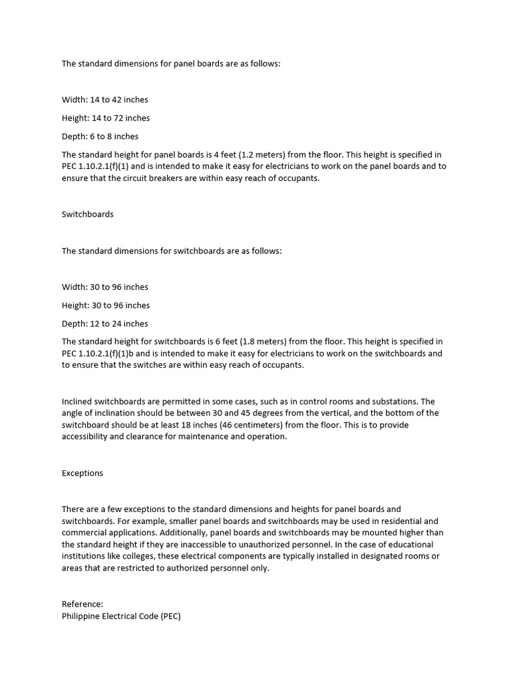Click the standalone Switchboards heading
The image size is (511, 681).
pyautogui.click(x=88, y=214)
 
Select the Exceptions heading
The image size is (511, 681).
pyautogui.click(x=83, y=474)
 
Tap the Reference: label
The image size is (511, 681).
pyautogui.click(x=83, y=604)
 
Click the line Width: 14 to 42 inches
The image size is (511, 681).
pyautogui.click(x=105, y=100)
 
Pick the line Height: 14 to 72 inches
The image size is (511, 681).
pyautogui.click(x=106, y=118)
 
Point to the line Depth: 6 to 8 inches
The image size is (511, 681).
pyautogui.click(x=100, y=136)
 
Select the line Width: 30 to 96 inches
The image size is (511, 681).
pyautogui.click(x=105, y=287)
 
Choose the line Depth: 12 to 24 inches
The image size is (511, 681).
pyautogui.click(x=105, y=324)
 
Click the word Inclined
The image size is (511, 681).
pyautogui.click(x=78, y=402)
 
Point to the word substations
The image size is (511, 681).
pyautogui.click(x=388, y=402)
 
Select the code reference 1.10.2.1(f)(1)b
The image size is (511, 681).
pyautogui.click(x=111, y=354)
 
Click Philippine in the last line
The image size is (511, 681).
pyautogui.click(x=83, y=616)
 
